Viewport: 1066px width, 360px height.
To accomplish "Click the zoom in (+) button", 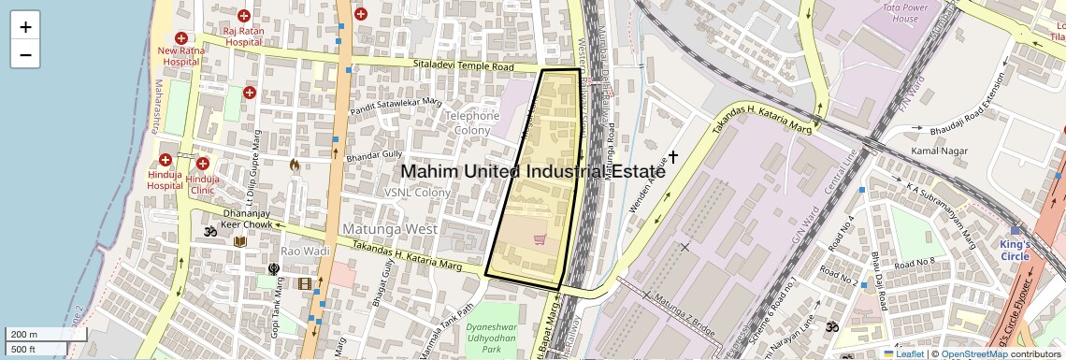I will tap(25, 27).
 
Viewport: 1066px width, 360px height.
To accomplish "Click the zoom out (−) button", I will tap(25, 54).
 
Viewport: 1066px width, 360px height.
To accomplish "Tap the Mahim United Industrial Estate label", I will tap(533, 172).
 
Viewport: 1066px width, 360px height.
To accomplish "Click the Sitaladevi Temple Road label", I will tap(464, 67).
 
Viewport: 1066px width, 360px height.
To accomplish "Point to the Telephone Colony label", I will tap(471, 122).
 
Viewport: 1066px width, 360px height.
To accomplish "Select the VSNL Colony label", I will tap(417, 193).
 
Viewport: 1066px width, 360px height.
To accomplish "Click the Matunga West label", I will tap(390, 229).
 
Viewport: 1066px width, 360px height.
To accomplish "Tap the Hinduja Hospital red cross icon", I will tap(166, 161).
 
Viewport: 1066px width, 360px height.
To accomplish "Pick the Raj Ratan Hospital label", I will tap(243, 36).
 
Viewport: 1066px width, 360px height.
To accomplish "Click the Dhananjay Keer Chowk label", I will tap(246, 219).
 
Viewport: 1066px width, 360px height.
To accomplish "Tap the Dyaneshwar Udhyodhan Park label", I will tap(504, 338).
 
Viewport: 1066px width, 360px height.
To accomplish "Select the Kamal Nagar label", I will tap(936, 151).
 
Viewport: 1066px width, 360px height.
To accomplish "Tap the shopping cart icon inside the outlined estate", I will tap(540, 239).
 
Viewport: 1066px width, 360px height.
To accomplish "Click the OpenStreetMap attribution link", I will tap(973, 353).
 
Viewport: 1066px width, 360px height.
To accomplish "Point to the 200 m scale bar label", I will tap(24, 334).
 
